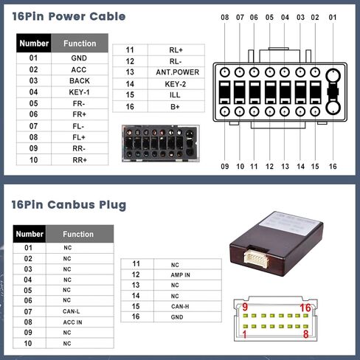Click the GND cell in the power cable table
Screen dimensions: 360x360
point(79,58)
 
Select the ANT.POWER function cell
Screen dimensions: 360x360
point(176,72)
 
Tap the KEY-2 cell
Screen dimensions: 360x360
point(176,84)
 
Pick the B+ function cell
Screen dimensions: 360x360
point(176,107)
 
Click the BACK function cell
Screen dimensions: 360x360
point(79,80)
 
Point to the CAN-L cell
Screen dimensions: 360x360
point(80,311)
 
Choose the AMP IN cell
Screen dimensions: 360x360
point(187,275)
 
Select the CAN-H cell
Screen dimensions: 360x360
point(187,306)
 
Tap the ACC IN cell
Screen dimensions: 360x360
point(80,322)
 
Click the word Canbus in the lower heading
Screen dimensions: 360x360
point(71,205)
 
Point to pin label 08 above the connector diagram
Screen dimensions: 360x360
point(225,18)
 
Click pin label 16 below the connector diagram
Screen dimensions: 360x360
point(333,167)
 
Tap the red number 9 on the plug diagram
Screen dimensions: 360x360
point(245,307)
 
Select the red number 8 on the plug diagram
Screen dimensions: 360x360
point(305,334)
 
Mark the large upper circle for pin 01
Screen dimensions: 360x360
point(333,75)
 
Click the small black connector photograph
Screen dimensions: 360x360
point(161,143)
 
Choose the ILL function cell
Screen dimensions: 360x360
point(176,95)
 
